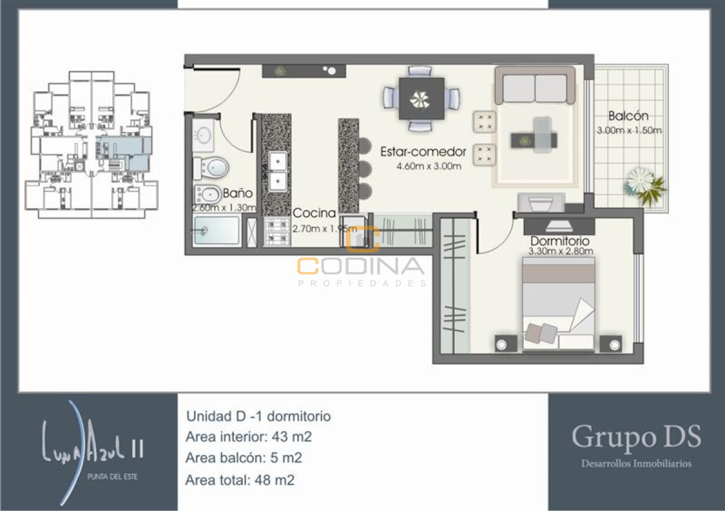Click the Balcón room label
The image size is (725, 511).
[x=628, y=115]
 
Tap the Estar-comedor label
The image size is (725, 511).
[x=423, y=152]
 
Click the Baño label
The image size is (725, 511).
[x=237, y=194]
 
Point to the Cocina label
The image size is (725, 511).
[x=314, y=213]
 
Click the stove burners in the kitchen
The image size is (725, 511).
[x=277, y=230]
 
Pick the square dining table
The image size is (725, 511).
[x=421, y=98]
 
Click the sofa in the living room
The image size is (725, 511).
[x=535, y=86]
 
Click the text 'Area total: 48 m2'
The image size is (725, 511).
[x=240, y=480]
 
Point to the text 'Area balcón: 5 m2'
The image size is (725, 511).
[x=244, y=458]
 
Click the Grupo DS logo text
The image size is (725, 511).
[x=636, y=437]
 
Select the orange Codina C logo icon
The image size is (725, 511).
[x=362, y=239]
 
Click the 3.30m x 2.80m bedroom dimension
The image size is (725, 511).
[x=560, y=252]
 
